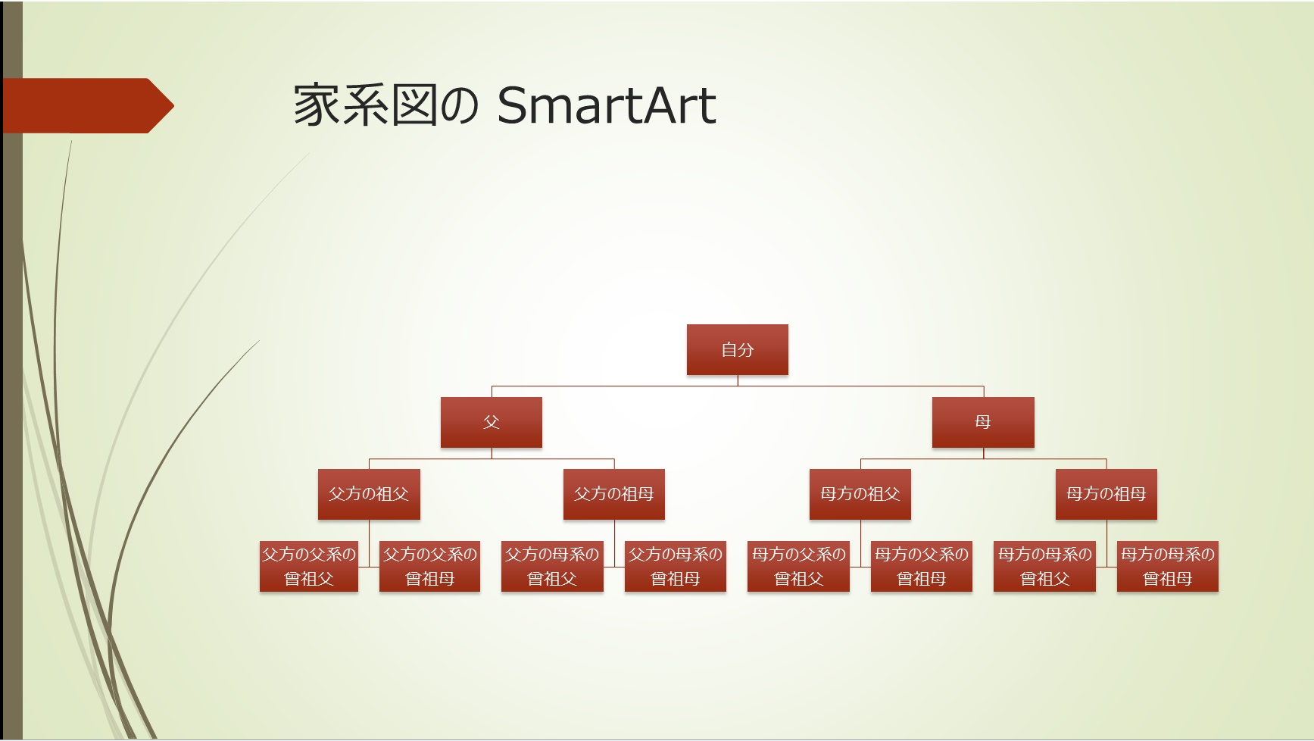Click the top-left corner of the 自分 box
click(687, 325)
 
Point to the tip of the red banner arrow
click(174, 106)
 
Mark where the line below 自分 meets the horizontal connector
click(738, 386)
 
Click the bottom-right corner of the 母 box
click(1034, 447)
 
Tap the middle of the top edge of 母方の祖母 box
click(1106, 470)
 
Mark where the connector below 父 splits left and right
click(492, 459)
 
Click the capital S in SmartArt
click(514, 105)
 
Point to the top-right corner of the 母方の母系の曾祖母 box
click(1219, 541)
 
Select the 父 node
click(492, 422)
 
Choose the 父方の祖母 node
click(614, 495)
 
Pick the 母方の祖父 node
click(860, 495)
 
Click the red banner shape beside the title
click(87, 106)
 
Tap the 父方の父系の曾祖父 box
click(309, 566)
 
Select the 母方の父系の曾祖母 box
click(922, 566)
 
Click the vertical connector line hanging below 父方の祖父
click(369, 543)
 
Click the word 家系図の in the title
click(386, 105)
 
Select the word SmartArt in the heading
click(607, 105)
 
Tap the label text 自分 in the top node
click(738, 350)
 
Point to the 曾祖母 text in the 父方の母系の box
click(676, 579)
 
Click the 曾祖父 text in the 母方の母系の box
click(1045, 579)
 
